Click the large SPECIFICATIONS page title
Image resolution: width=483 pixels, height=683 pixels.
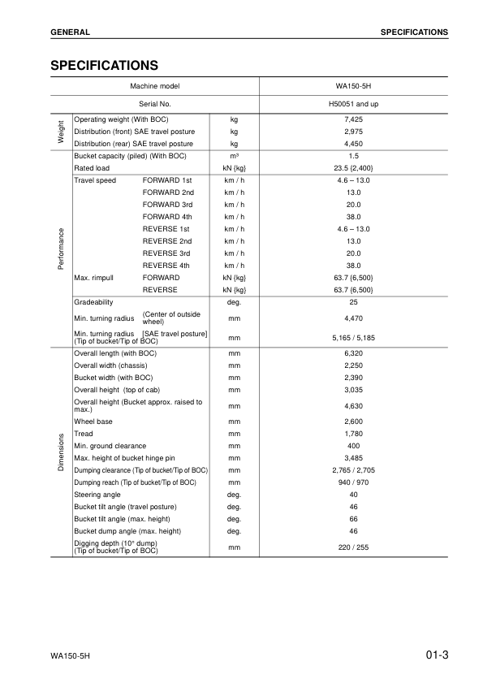[104, 65]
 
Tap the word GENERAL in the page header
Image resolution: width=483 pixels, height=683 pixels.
[70, 32]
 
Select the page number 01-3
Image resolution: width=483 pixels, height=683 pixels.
[436, 655]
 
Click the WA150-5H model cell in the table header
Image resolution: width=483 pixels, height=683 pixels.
[353, 86]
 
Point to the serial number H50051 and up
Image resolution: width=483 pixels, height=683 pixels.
[353, 105]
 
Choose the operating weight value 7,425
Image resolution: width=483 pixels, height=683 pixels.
[353, 119]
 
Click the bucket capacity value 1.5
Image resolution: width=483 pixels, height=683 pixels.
[353, 155]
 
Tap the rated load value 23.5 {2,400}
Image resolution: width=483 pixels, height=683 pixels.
[353, 167]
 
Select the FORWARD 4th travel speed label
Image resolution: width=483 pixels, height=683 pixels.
[166, 217]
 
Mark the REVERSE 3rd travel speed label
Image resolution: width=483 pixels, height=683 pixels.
[166, 253]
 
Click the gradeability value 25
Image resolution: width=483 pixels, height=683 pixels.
[353, 302]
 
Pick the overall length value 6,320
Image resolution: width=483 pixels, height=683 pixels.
[353, 354]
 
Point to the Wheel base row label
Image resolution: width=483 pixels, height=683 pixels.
[93, 421]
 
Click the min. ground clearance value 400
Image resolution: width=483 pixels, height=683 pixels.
[353, 446]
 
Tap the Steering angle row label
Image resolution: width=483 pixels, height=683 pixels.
[97, 495]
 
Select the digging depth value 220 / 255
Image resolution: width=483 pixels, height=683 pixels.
[353, 548]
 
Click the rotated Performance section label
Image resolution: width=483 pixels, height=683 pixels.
[62, 249]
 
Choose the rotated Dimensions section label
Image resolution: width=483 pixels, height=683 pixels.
[62, 453]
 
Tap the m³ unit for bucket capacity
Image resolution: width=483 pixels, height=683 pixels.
[234, 155]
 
